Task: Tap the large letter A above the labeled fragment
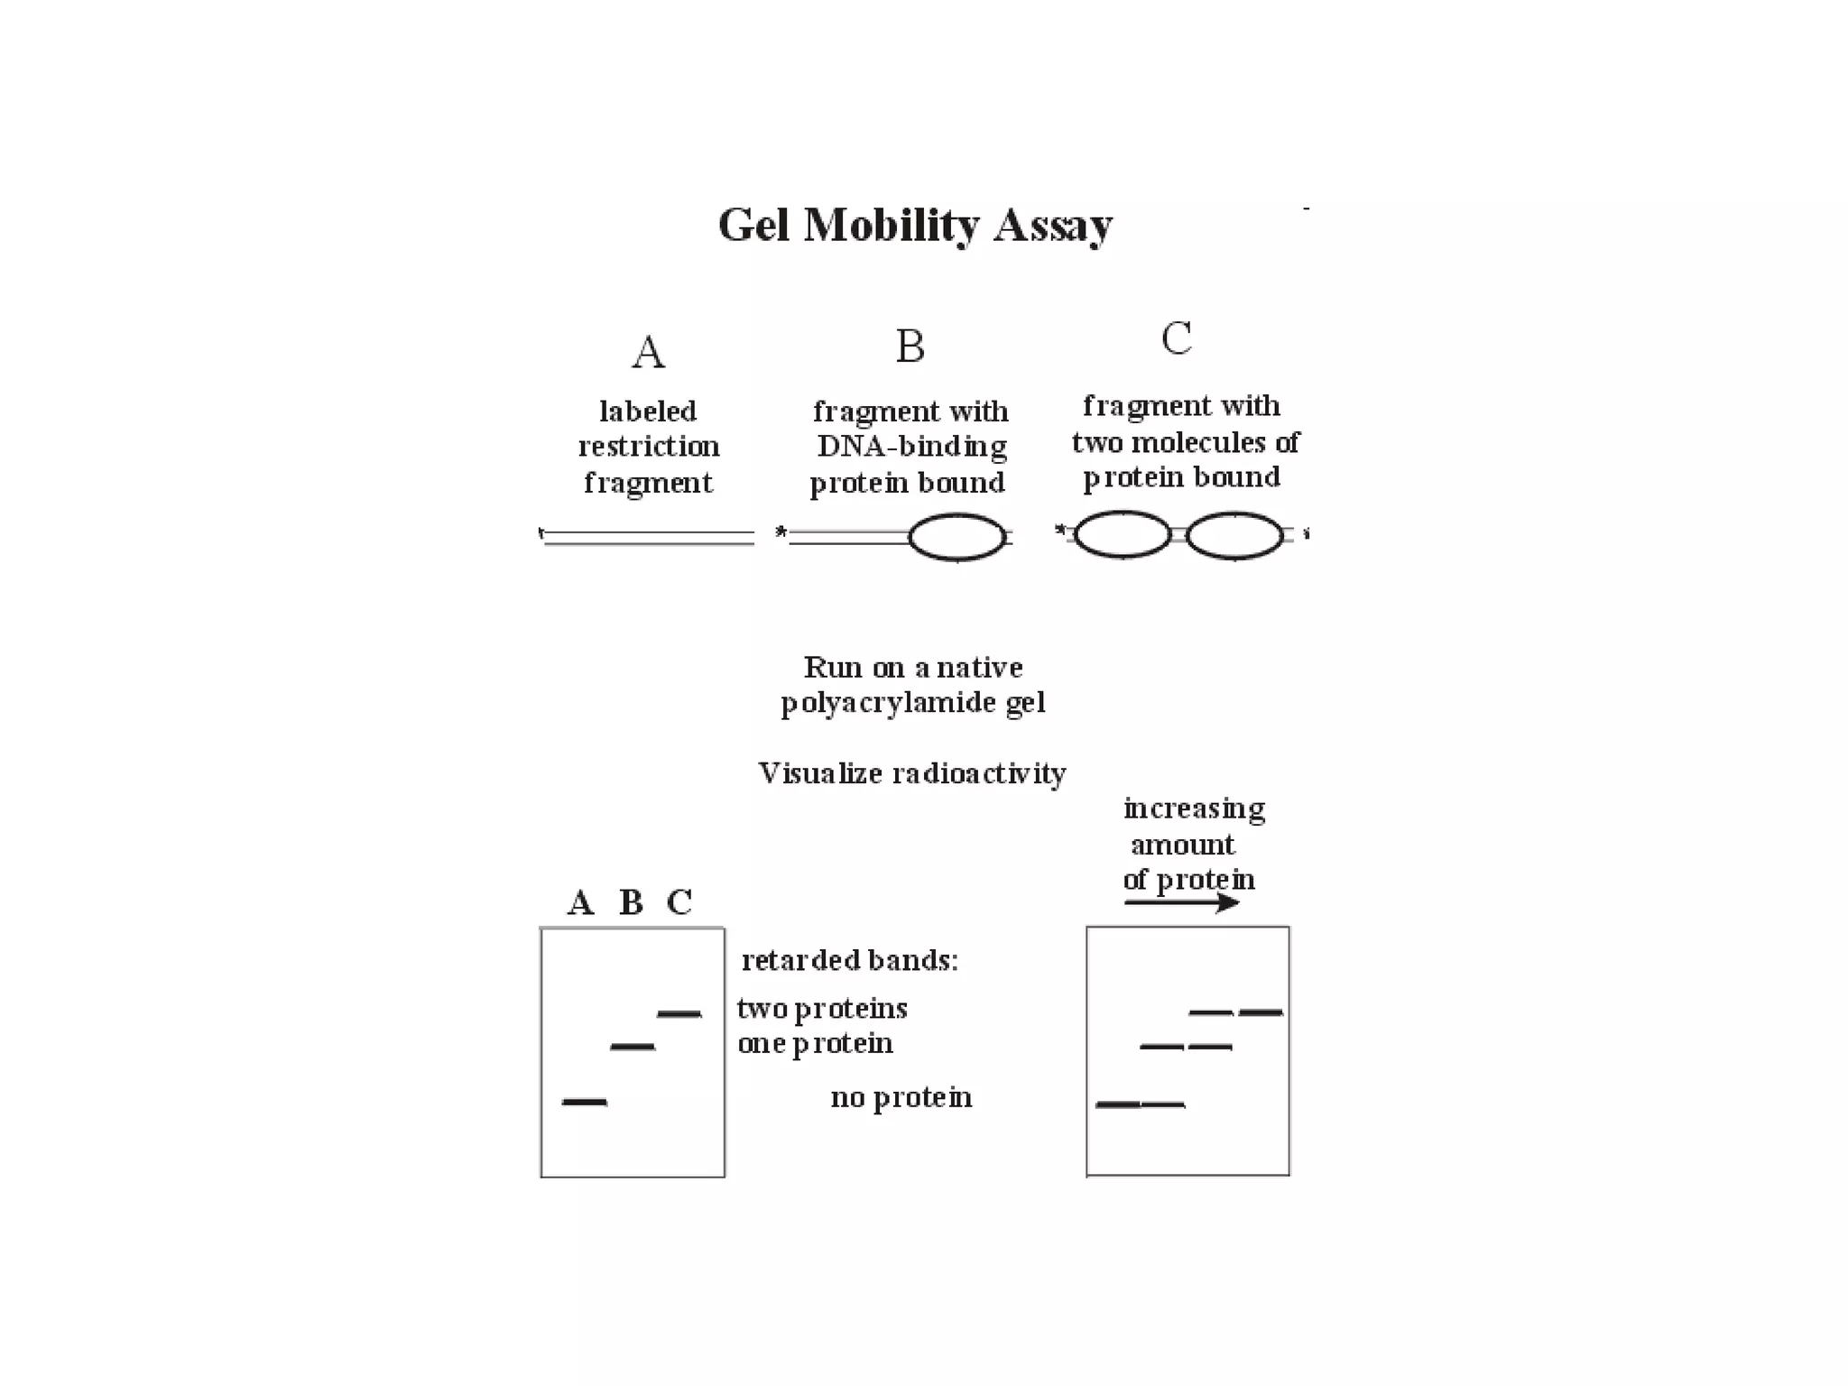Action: (x=648, y=352)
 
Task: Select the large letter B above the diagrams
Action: (x=910, y=346)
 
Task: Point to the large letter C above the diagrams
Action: (x=1177, y=339)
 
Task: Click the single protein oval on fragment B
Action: (x=956, y=538)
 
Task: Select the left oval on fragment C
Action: (x=1123, y=535)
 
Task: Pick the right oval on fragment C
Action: (x=1234, y=536)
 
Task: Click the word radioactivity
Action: (x=979, y=773)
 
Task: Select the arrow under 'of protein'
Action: (x=1182, y=902)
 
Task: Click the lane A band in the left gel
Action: (x=585, y=1102)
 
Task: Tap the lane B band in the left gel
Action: (x=633, y=1047)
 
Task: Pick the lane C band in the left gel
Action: (x=679, y=1014)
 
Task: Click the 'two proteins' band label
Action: (x=822, y=1009)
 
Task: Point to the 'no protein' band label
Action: (x=901, y=1097)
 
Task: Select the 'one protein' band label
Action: (x=815, y=1044)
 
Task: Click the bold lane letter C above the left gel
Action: (x=679, y=902)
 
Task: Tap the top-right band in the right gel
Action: (x=1261, y=1012)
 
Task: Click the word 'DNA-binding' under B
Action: (x=911, y=447)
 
